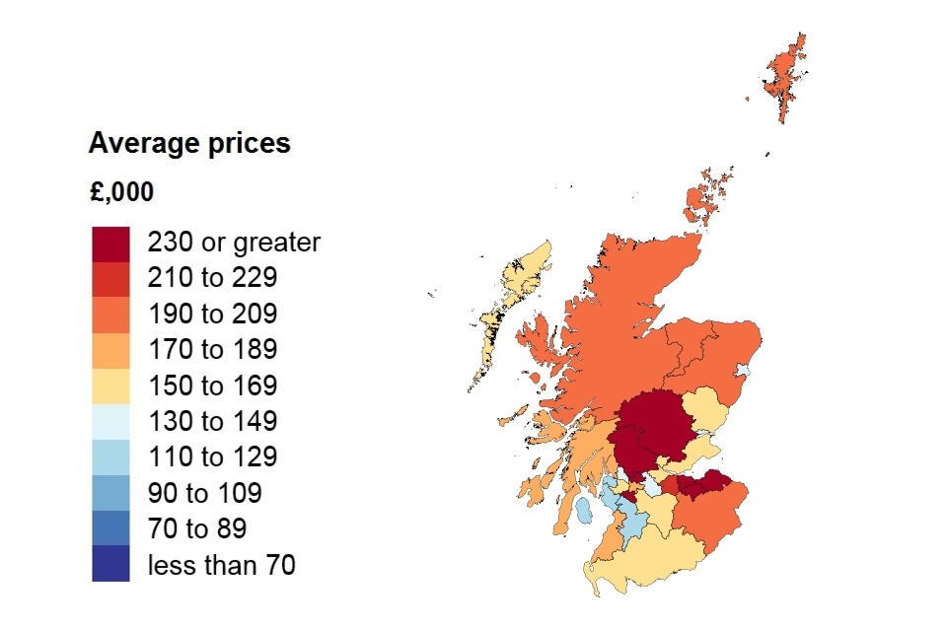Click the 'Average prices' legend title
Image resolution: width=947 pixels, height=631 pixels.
[x=189, y=144]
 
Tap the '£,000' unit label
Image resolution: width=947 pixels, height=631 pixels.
[x=121, y=192]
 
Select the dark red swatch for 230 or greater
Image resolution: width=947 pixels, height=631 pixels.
[x=110, y=243]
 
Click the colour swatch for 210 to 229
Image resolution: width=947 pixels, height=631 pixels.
[x=110, y=278]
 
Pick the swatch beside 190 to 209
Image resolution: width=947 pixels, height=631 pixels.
[x=110, y=314]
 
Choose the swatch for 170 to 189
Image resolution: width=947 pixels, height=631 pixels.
[x=110, y=349]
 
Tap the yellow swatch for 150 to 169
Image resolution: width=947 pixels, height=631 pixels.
[x=110, y=385]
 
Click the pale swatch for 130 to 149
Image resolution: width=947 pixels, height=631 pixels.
[x=110, y=421]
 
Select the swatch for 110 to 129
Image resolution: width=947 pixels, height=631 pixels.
[x=110, y=456]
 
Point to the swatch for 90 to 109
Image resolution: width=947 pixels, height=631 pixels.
[x=110, y=492]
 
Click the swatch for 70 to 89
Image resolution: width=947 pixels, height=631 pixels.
[x=110, y=528]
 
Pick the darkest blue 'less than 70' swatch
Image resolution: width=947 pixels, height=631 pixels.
[x=110, y=564]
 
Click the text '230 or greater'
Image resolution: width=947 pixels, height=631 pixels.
[x=234, y=243]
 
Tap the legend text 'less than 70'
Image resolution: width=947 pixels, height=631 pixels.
[x=221, y=565]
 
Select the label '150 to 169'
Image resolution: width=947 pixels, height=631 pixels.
[x=212, y=386]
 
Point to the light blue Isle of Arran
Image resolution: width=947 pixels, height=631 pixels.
[x=583, y=511]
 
